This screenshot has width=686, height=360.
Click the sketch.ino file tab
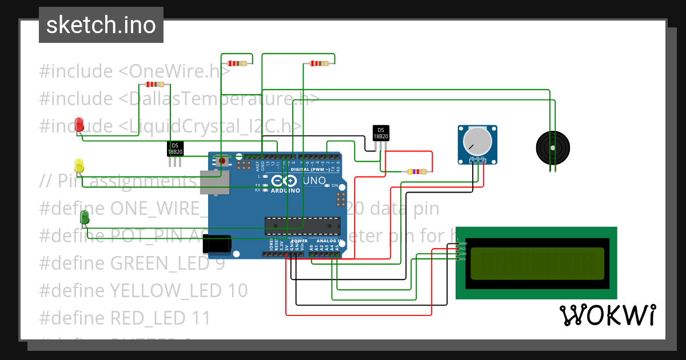101,25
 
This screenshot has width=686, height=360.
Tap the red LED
79,123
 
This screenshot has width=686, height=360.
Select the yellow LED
79,166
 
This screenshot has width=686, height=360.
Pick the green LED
85,217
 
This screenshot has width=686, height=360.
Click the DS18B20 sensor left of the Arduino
175,149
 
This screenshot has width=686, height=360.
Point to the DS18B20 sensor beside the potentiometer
381,133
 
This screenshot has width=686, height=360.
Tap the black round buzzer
553,147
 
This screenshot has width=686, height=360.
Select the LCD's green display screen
537,263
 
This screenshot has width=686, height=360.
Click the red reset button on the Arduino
222,161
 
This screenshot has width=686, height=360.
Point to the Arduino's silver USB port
214,182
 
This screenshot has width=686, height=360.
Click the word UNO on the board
314,181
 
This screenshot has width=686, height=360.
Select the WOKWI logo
607,315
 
